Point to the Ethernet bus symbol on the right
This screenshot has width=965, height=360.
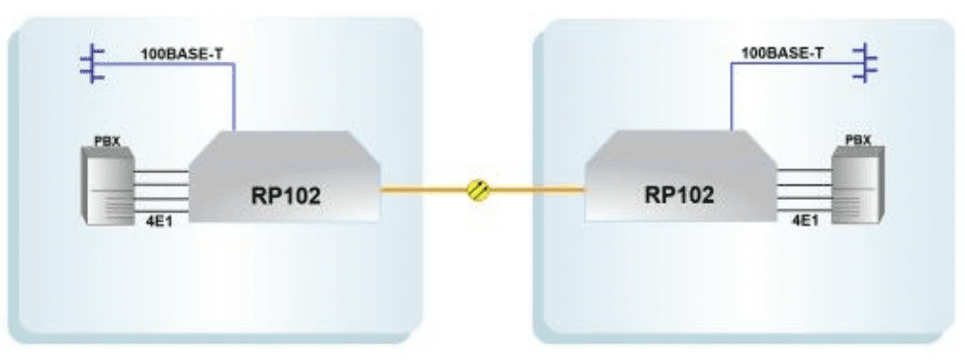[867, 62]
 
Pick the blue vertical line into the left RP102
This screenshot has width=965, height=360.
[234, 99]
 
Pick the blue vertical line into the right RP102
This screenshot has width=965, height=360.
[732, 99]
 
